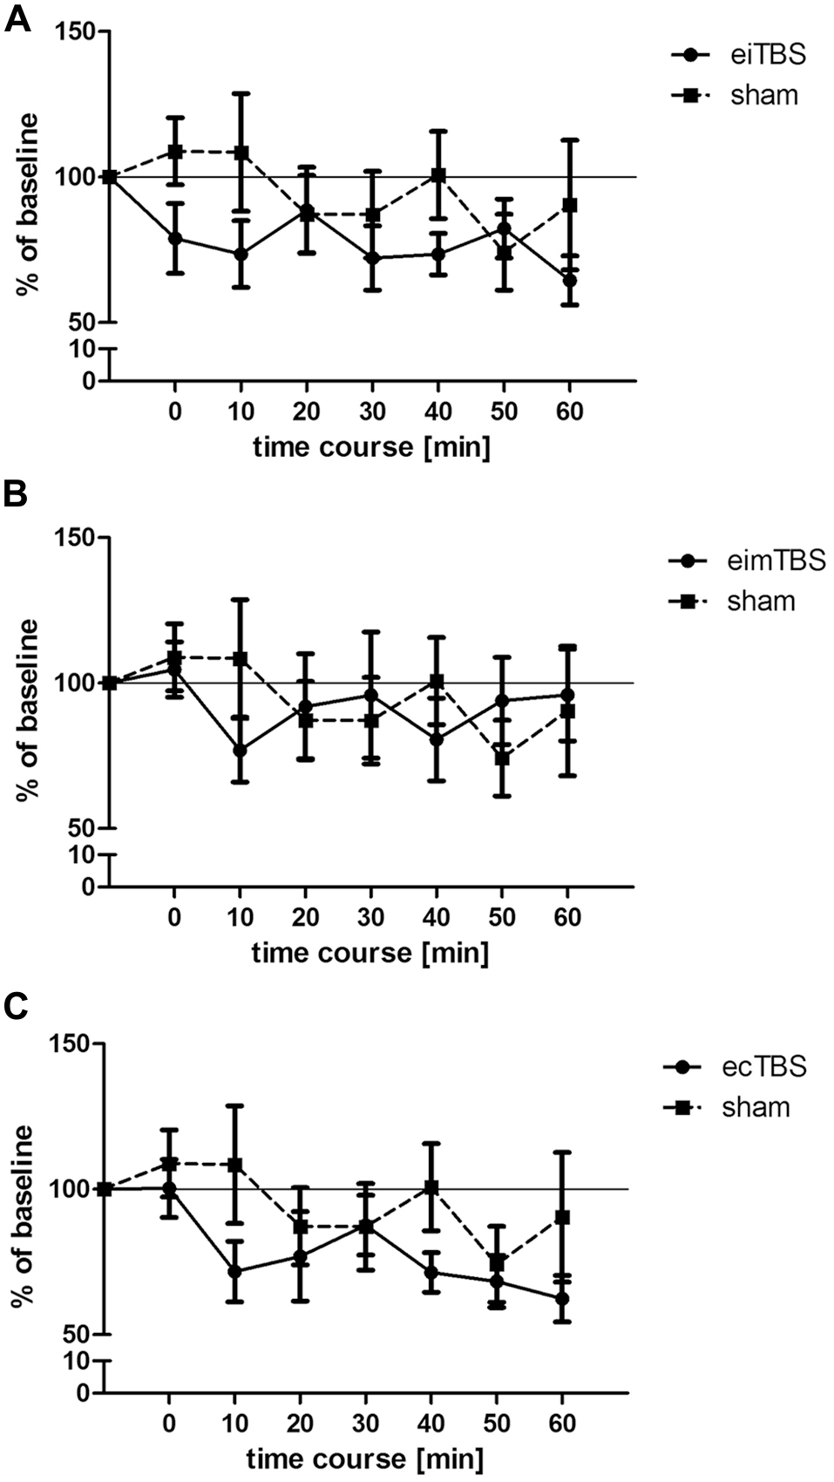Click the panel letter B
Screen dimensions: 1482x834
16,494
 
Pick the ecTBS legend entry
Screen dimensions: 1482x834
737,1066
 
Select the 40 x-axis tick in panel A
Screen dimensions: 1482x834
437,411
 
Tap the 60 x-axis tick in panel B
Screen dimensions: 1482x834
567,917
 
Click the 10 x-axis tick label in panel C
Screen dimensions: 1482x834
234,1424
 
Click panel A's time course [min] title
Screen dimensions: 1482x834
371,448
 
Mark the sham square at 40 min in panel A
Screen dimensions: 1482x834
438,175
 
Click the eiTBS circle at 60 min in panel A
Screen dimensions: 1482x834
569,281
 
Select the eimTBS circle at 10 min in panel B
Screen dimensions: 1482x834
241,751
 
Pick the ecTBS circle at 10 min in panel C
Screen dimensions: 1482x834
234,1271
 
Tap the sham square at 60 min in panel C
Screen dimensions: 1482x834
562,1217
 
